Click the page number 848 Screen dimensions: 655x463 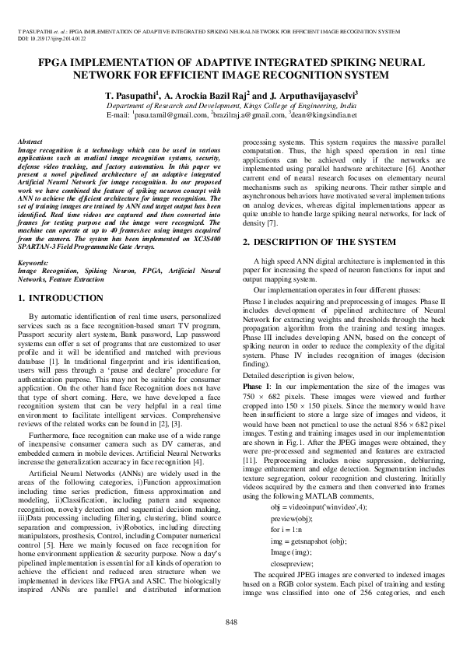231,621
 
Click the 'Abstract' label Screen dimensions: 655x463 30,138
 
